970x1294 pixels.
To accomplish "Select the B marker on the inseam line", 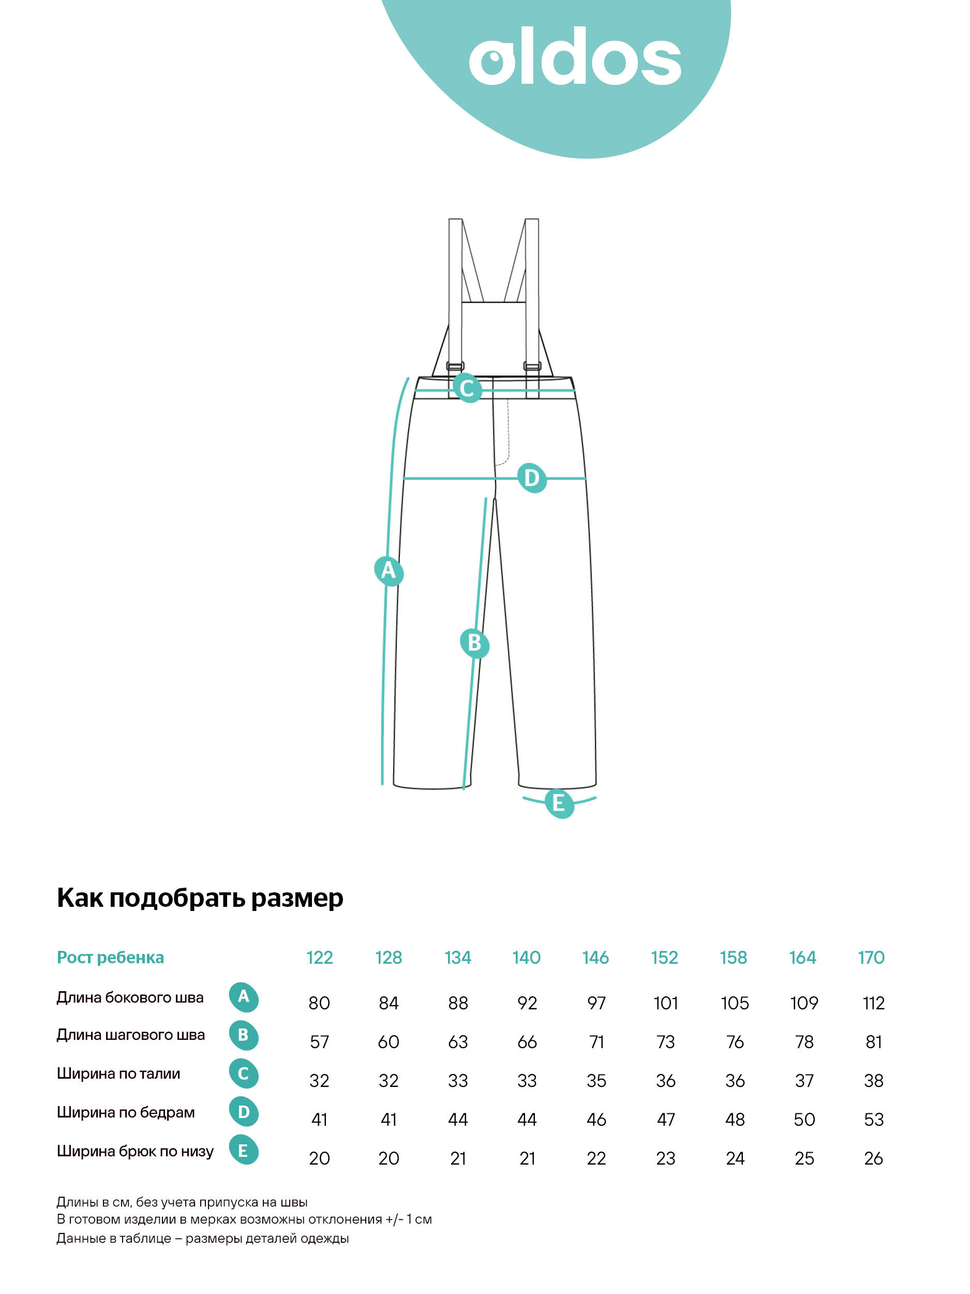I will pyautogui.click(x=474, y=643).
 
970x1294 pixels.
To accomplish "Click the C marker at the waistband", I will pyautogui.click(x=467, y=388).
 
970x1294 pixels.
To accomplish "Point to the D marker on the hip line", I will pyautogui.click(x=531, y=478).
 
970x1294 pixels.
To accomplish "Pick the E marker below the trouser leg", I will pyautogui.click(x=558, y=803).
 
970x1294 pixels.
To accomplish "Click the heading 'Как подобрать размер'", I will pyautogui.click(x=200, y=898).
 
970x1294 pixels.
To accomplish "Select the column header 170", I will pyautogui.click(x=871, y=958).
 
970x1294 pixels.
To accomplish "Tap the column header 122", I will pyautogui.click(x=319, y=958).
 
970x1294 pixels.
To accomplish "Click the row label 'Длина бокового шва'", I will pyautogui.click(x=130, y=997).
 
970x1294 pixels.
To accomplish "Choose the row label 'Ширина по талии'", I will pyautogui.click(x=118, y=1074).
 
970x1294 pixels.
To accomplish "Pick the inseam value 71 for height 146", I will pyautogui.click(x=596, y=1042).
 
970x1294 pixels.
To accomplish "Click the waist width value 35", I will pyautogui.click(x=596, y=1080).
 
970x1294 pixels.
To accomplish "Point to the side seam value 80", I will pyautogui.click(x=319, y=1003).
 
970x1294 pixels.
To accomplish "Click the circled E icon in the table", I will pyautogui.click(x=243, y=1150).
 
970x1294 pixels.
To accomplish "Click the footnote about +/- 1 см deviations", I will pyautogui.click(x=244, y=1219).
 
